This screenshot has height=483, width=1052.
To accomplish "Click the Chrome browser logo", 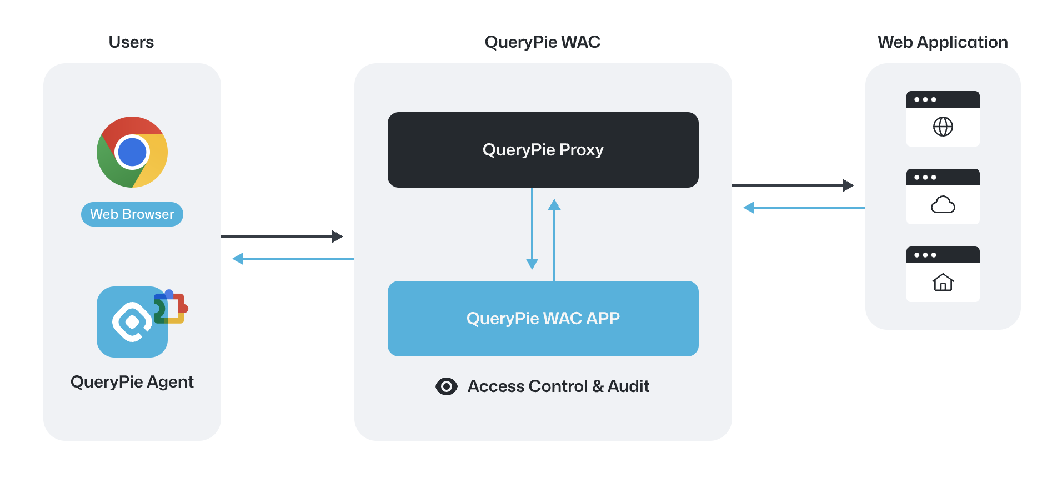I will click(132, 152).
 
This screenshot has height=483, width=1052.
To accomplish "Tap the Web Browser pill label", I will click(132, 214).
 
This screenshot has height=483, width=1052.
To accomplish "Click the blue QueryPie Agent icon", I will click(131, 323).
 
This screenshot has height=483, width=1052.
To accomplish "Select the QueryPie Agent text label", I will click(132, 382).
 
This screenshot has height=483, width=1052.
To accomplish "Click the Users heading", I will click(131, 42).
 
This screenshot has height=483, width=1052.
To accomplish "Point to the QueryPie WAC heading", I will click(542, 42).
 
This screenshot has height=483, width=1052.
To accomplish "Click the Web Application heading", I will click(943, 42).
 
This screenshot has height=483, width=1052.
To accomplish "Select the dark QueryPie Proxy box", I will click(543, 150).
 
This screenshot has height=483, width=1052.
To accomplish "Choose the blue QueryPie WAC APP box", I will click(543, 319).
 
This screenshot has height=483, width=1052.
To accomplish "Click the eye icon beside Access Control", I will click(447, 386).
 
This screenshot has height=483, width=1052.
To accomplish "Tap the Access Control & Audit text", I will click(558, 386).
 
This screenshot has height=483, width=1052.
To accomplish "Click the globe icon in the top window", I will click(943, 127).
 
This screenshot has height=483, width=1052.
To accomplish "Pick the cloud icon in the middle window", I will click(943, 205).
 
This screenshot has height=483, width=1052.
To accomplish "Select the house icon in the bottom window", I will click(943, 283).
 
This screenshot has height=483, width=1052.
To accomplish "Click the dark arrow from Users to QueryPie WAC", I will click(282, 237).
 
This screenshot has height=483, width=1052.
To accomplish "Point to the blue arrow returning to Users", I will click(293, 259).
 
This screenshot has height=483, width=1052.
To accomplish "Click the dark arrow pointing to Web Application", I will click(793, 185).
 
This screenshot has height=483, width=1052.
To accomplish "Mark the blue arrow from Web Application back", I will click(804, 208).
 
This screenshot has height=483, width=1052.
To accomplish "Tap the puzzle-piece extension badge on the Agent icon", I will click(172, 306).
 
